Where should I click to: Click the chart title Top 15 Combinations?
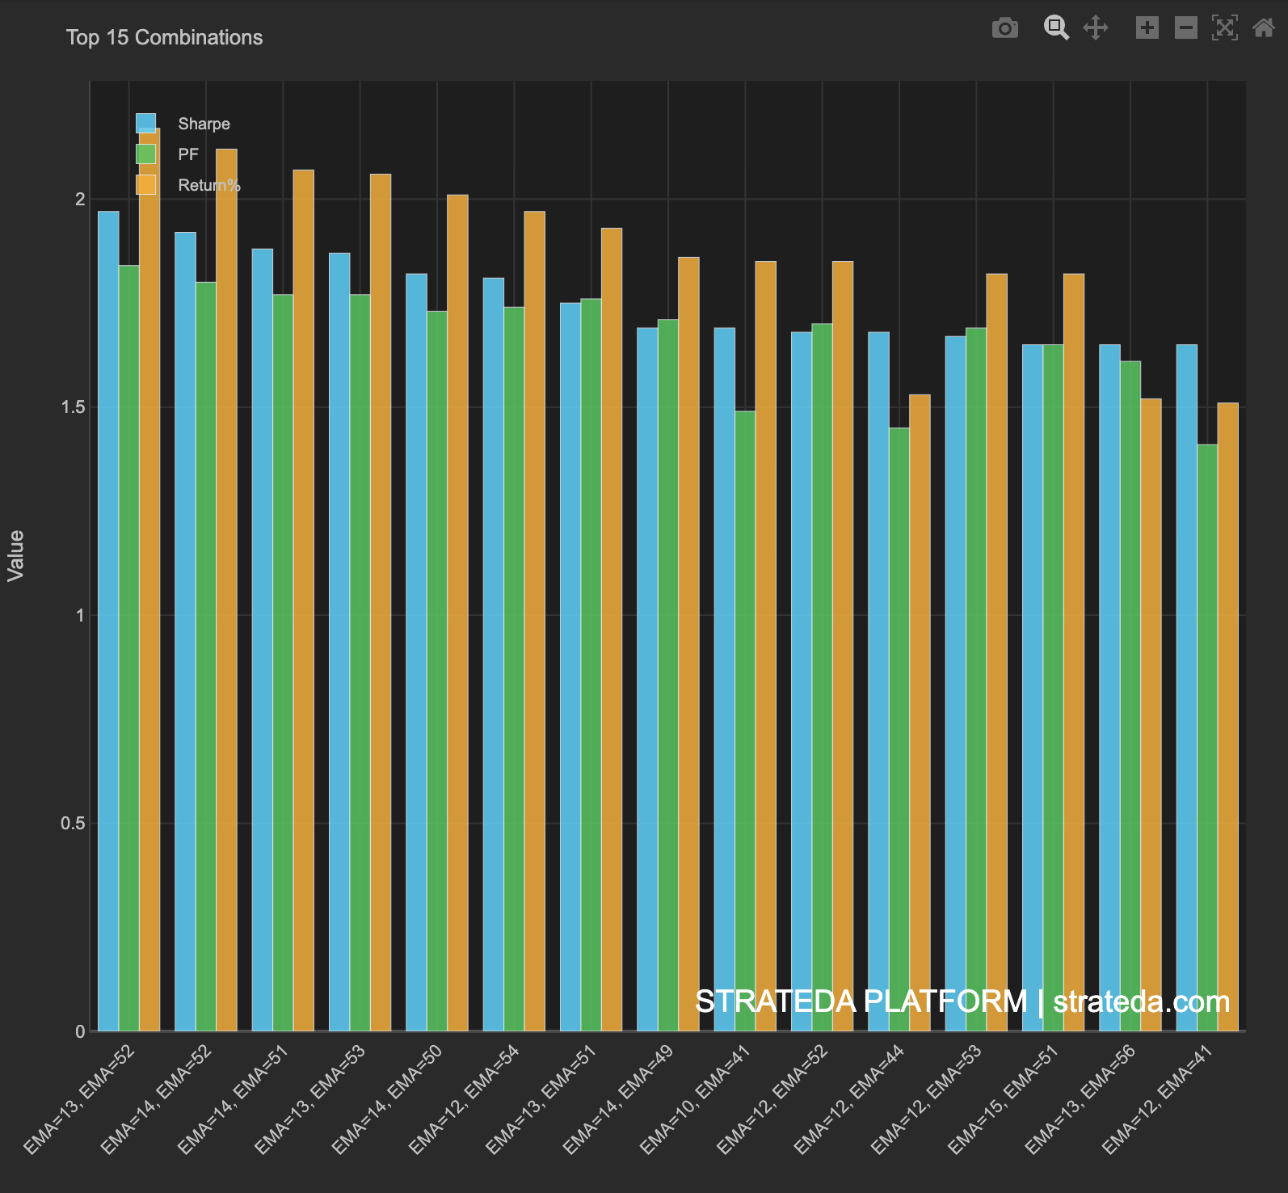point(164,37)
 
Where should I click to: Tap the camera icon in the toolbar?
point(1004,28)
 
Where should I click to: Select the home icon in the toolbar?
point(1263,28)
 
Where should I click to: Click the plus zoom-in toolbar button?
point(1147,28)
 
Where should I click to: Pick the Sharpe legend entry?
point(204,124)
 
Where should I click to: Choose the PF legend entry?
point(188,154)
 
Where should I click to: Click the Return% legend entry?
point(208,185)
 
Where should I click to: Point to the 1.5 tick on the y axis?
point(73,407)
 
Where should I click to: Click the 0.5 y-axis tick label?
point(73,824)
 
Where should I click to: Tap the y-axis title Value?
point(16,556)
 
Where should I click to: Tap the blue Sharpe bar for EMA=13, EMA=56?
point(1109,687)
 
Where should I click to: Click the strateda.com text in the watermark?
point(1141,1002)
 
